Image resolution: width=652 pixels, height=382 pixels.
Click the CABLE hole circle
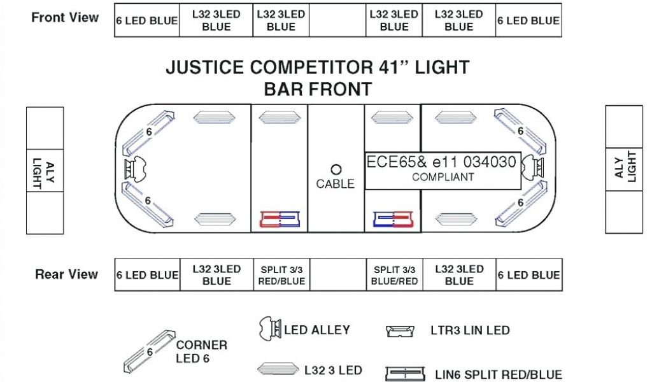click(x=336, y=169)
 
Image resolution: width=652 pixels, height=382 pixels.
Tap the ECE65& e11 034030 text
click(x=441, y=162)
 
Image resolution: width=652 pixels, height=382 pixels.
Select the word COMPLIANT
click(x=443, y=177)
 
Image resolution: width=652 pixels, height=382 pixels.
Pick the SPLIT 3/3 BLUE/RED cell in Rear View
click(x=394, y=275)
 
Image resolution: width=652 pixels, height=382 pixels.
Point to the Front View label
click(x=65, y=18)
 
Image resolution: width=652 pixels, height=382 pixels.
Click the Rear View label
click(x=66, y=274)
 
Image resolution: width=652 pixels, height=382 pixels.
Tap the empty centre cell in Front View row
click(x=337, y=20)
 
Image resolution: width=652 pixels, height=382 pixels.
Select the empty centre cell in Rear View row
click(x=337, y=275)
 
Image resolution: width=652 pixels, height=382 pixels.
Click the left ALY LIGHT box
click(x=45, y=170)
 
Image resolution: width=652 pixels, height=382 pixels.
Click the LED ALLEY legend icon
click(x=270, y=329)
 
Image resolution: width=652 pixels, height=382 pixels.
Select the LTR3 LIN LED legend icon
click(x=400, y=330)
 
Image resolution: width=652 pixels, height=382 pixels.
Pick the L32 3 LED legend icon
click(x=278, y=369)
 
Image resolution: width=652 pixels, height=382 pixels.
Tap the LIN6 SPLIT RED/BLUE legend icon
click(x=405, y=374)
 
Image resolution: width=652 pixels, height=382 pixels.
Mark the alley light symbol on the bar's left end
click(x=136, y=169)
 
